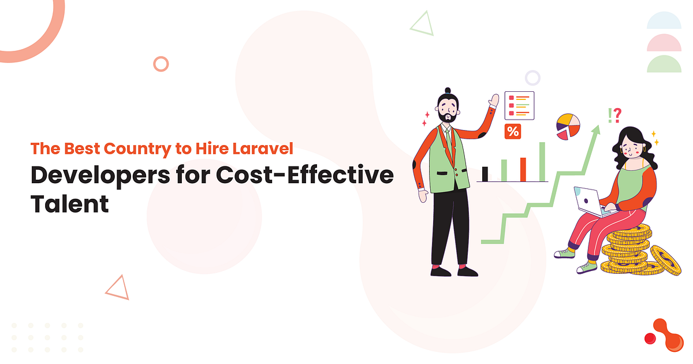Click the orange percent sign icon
512,132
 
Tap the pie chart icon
568,126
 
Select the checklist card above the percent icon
519,105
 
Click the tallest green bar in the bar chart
542,161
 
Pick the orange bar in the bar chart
523,169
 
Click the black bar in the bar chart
485,173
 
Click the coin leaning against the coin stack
665,259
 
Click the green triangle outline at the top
422,23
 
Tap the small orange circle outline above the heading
161,64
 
